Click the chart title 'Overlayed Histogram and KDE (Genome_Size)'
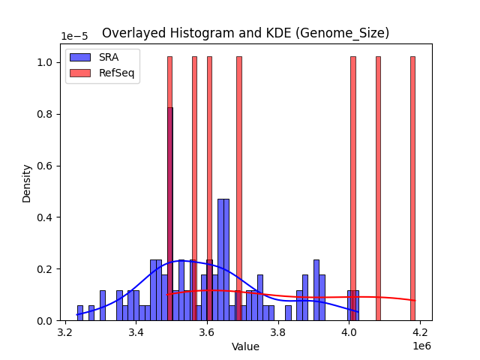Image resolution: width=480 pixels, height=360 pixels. tap(245, 33)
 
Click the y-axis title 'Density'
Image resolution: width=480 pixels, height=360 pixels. tap(27, 183)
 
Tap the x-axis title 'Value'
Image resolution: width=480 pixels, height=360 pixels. tap(245, 346)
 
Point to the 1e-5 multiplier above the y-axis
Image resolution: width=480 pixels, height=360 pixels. tap(74, 37)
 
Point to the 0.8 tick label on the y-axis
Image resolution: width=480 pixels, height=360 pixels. tap(46, 114)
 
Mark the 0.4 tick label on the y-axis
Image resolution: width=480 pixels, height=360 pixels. tap(46, 217)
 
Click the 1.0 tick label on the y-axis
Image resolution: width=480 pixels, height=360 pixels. tap(46, 62)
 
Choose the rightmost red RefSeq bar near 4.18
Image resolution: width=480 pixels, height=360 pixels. tap(412, 187)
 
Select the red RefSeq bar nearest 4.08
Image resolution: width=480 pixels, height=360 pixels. tap(378, 187)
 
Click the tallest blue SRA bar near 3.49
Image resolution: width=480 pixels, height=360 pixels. tap(169, 217)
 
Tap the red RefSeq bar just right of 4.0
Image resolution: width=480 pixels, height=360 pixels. tap(353, 187)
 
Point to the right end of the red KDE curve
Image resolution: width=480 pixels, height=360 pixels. tap(415, 301)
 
